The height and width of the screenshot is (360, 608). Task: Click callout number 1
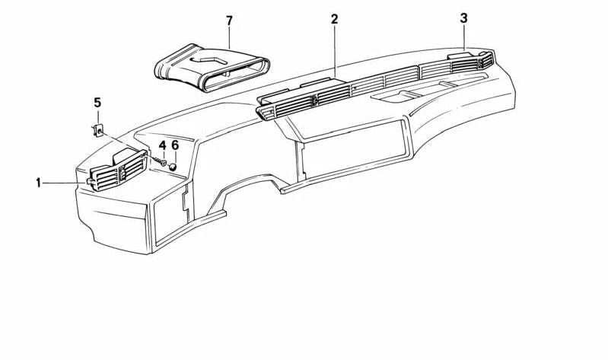coord(38,183)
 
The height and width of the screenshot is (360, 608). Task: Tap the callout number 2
coord(334,19)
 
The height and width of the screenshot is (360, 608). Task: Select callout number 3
coord(463,18)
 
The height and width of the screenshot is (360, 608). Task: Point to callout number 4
coord(163,145)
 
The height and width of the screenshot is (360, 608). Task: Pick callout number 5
coord(97,103)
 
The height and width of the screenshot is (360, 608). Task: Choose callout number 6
coord(175,145)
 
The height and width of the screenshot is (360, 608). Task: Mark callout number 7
coord(229,21)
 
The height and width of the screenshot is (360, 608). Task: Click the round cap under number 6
coord(173,167)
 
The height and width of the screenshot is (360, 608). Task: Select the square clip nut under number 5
coord(98,130)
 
